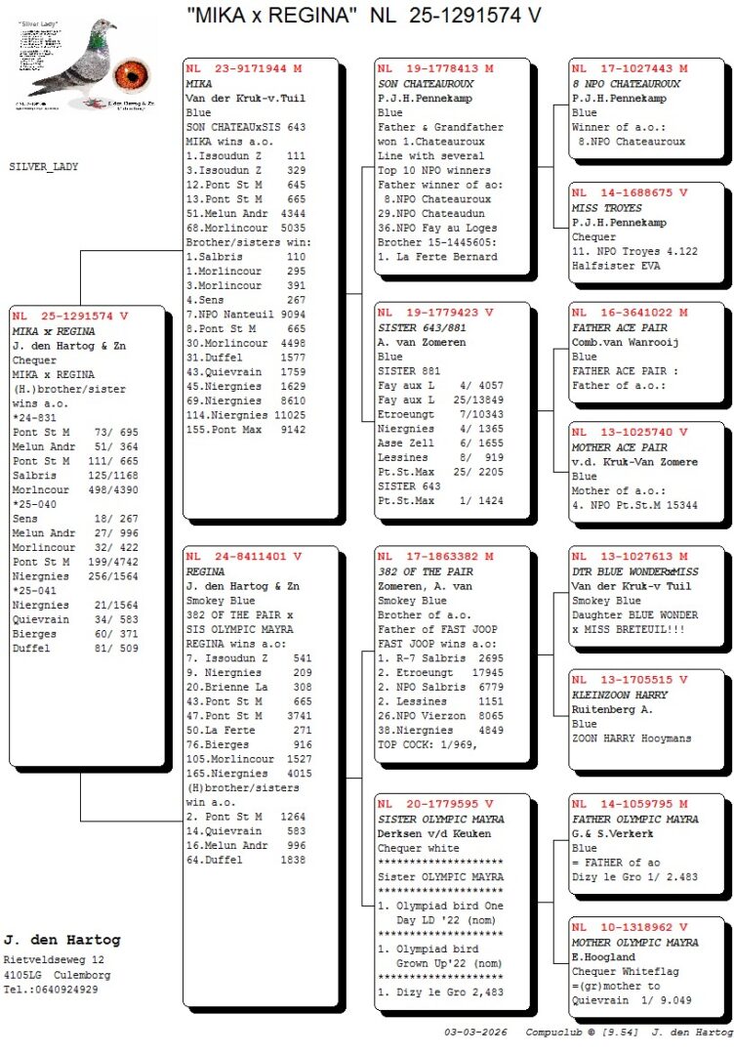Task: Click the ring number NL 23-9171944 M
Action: click(243, 69)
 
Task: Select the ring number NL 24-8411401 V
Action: click(243, 557)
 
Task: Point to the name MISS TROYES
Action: click(607, 208)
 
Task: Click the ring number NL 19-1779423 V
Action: click(434, 313)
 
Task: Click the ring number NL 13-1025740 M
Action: click(630, 432)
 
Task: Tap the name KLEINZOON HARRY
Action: click(621, 695)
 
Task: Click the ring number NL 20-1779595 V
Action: click(434, 804)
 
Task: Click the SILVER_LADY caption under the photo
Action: click(44, 167)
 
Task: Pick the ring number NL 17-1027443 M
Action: click(630, 69)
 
